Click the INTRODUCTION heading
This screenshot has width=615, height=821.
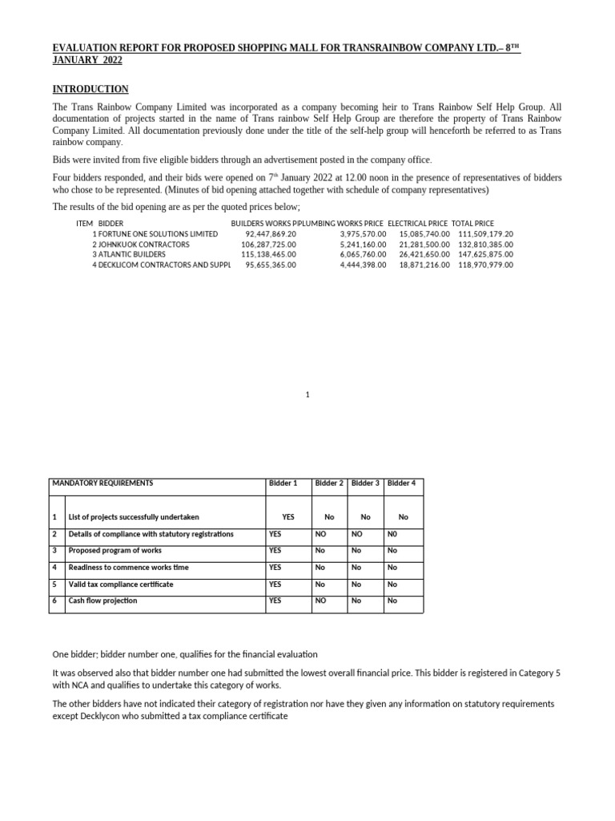point(90,89)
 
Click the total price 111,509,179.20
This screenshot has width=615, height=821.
point(485,233)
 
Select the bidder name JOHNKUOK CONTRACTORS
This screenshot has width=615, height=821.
point(144,244)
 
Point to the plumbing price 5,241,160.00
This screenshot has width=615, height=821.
point(363,244)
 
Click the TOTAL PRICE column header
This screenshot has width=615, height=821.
point(472,223)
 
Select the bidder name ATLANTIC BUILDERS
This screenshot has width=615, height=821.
point(136,254)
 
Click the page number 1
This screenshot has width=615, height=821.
point(307,394)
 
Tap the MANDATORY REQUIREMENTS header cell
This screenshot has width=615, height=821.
point(102,483)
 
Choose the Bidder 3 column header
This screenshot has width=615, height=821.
point(365,483)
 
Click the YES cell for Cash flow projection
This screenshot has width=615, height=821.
point(275,601)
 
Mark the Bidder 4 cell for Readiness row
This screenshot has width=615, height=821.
point(392,568)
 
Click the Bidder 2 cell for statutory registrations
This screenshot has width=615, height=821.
point(320,534)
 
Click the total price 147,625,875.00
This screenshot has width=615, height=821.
point(485,254)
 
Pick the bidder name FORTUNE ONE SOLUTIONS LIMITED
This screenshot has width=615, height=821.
point(158,233)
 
